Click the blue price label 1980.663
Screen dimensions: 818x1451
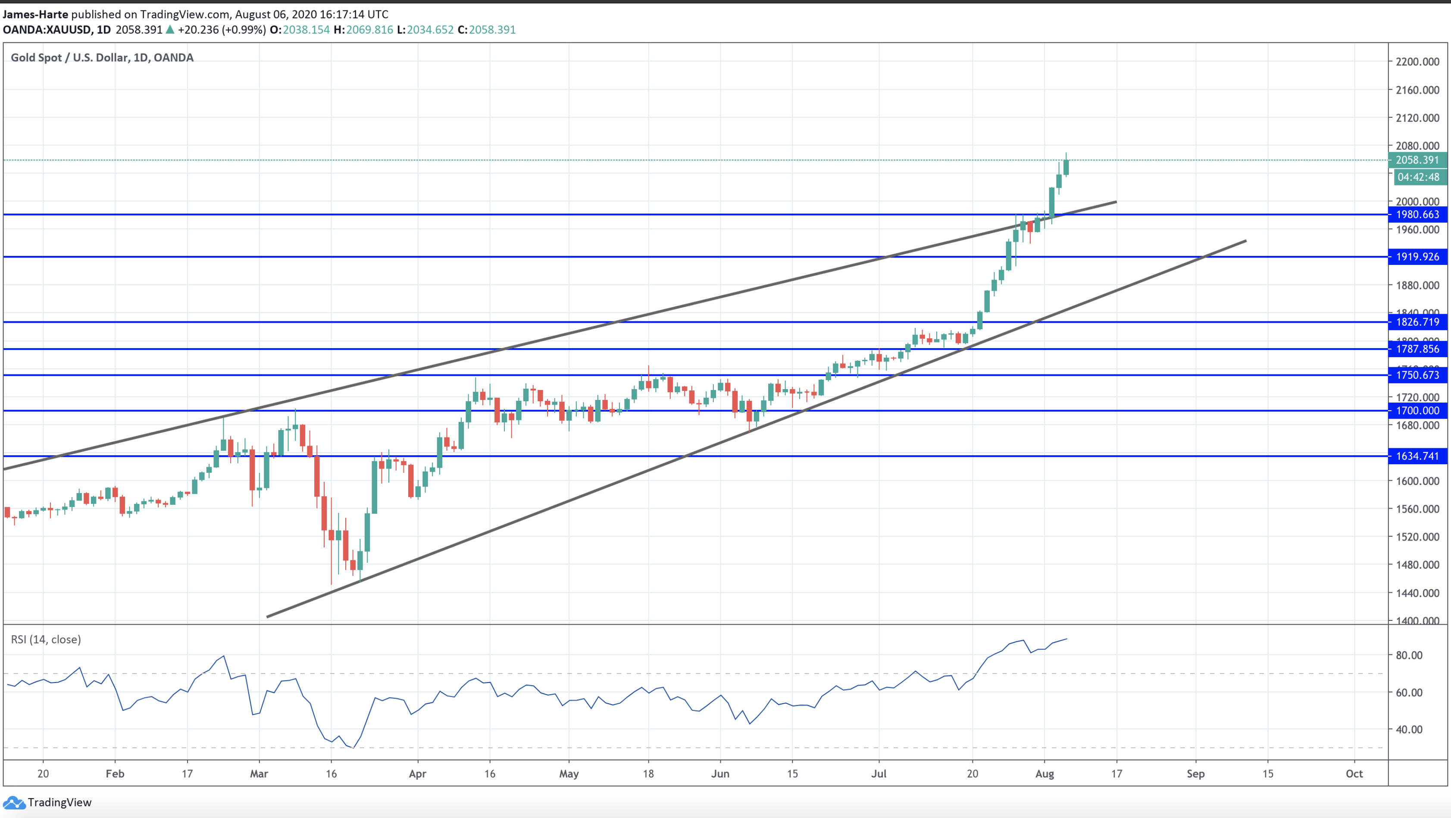point(1417,214)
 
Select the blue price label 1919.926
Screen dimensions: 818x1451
point(1417,257)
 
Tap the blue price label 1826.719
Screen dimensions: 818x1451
point(1417,322)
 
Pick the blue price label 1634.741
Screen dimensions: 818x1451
point(1417,456)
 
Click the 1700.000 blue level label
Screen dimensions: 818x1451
point(1417,410)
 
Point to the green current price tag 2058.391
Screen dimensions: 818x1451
point(1417,160)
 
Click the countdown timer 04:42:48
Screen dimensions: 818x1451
point(1418,177)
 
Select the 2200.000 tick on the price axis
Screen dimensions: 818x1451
point(1417,61)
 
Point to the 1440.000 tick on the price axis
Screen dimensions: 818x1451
point(1417,592)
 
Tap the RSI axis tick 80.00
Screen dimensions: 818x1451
point(1409,655)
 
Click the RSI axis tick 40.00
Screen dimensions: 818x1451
point(1409,730)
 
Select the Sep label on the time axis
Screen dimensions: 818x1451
point(1195,774)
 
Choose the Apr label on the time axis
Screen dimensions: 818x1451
point(417,774)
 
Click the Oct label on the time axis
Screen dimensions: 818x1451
point(1354,774)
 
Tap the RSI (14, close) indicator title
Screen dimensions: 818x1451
point(46,639)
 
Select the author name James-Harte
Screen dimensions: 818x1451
point(35,14)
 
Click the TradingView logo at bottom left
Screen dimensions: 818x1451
point(47,802)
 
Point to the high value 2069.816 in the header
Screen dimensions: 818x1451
point(369,29)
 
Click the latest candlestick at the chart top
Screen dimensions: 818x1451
point(1066,167)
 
